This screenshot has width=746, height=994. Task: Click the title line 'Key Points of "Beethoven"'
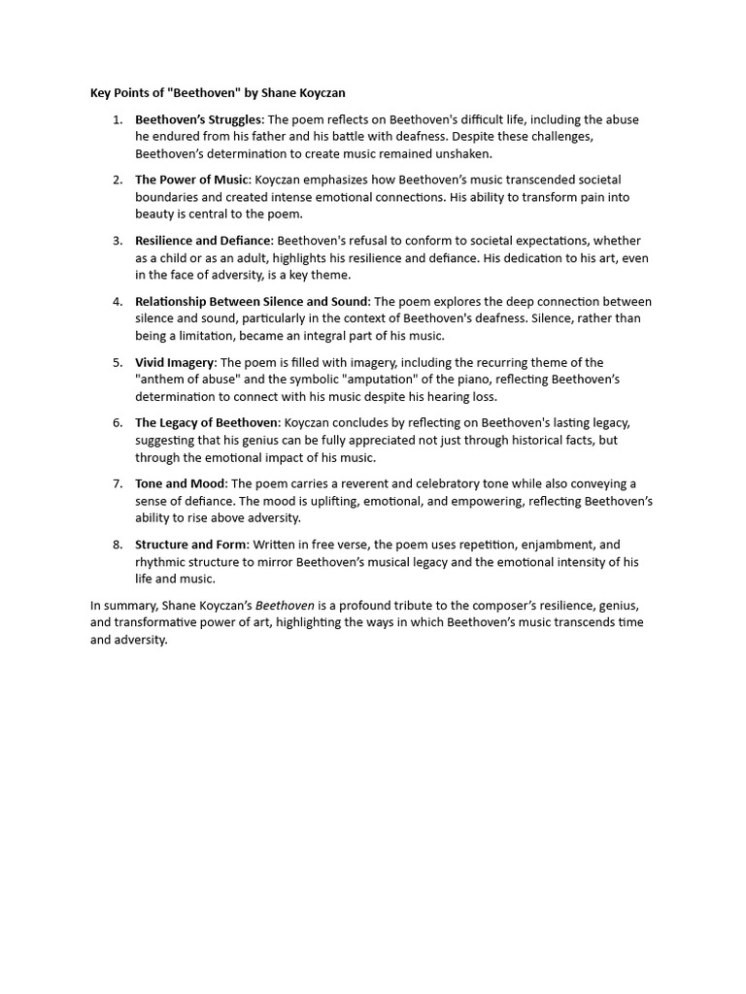click(218, 93)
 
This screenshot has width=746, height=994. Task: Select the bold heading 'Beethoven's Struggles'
click(198, 119)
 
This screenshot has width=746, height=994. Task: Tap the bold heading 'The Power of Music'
click(192, 180)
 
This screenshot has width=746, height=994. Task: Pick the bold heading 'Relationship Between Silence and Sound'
click(252, 301)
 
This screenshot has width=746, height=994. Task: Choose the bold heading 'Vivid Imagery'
click(174, 362)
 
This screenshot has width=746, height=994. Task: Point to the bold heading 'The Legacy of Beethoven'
click(207, 422)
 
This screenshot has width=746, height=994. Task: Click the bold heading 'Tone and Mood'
click(180, 483)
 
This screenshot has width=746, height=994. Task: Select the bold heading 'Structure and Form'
click(191, 545)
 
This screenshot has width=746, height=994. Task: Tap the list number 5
click(117, 362)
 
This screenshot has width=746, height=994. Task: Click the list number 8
click(117, 545)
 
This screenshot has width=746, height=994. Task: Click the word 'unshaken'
click(466, 154)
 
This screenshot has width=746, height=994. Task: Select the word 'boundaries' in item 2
click(166, 197)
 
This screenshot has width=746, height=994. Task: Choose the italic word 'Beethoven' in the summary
click(285, 606)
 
